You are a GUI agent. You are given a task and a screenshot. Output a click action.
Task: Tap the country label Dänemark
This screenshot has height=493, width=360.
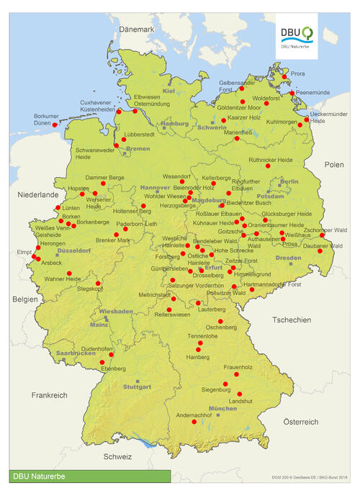coord(137,30)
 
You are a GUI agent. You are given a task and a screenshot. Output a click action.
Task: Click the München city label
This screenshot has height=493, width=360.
coord(222,409)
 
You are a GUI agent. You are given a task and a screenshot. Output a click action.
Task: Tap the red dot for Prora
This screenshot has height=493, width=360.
coord(284,76)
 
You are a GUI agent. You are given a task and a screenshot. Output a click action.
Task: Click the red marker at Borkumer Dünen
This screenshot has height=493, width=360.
coord(55,125)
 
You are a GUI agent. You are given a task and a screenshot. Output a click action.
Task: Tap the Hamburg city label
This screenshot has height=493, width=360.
coord(174,124)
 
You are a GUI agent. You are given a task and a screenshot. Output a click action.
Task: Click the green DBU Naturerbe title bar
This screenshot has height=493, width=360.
coord(90,476)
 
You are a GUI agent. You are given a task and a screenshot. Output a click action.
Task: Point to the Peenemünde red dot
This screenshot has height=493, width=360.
coord(292,93)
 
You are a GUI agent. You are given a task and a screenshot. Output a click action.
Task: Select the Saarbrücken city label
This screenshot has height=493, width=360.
coord(76,353)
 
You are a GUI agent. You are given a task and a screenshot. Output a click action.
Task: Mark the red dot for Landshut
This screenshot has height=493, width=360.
coord(240,394)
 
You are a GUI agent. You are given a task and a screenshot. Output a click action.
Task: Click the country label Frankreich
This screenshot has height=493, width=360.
coord(49,395)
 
